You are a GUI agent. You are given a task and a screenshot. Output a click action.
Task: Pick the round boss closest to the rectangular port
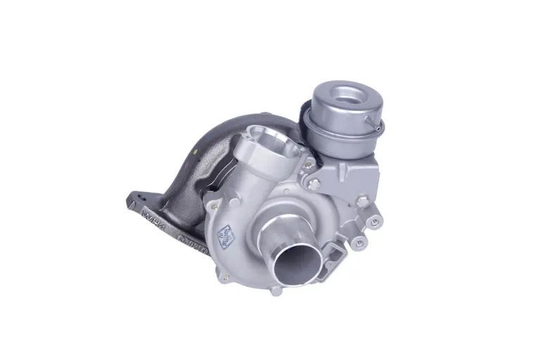[x=361, y=243]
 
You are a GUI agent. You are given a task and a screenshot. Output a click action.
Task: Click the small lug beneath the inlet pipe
[x=276, y=290]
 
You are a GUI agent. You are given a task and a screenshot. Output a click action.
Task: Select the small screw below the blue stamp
[x=226, y=278]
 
